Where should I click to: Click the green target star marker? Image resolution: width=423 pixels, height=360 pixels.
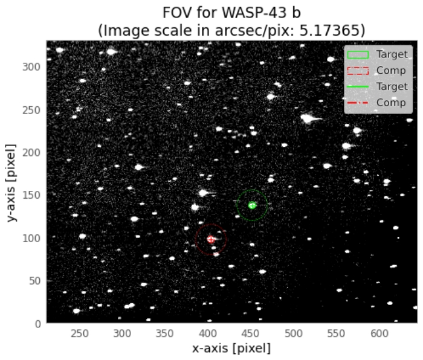253,205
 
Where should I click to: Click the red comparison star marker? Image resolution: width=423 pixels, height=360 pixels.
211,239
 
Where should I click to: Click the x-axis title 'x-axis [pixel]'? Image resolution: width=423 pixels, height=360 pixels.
231,349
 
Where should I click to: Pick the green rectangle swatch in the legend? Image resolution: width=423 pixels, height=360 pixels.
358,54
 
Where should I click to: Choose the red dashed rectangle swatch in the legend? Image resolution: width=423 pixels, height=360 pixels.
358,70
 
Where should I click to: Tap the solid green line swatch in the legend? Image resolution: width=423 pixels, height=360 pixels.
358,86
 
